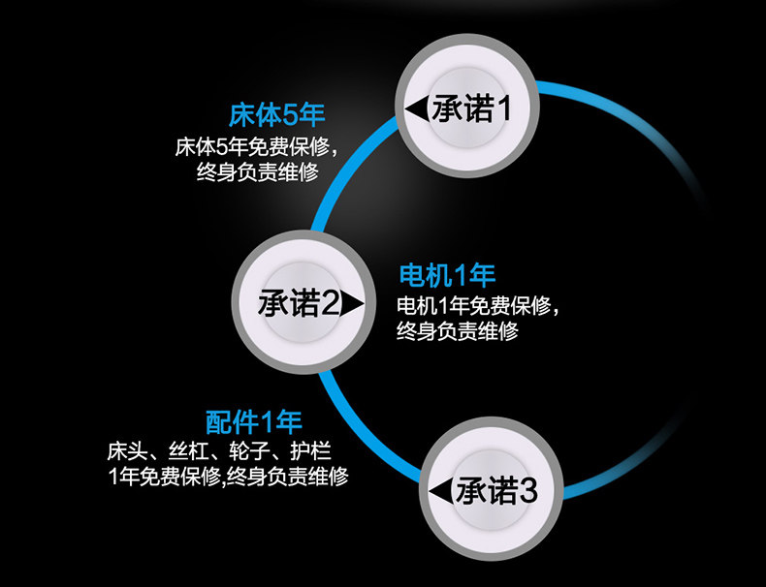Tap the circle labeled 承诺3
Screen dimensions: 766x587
483,490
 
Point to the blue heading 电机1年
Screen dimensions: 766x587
447,275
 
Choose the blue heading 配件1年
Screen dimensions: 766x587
254,422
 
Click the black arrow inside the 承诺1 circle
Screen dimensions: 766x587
417,108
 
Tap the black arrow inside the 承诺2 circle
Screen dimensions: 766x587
352,304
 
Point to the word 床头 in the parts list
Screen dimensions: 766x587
126,451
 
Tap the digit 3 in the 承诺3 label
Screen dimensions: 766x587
528,491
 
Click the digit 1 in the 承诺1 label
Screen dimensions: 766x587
502,108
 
